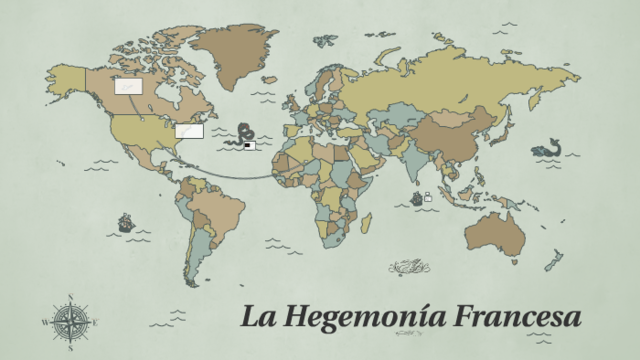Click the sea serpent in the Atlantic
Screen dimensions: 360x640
click(242, 136)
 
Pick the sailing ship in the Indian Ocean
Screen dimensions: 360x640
click(417, 198)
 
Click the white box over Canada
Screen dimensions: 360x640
click(127, 87)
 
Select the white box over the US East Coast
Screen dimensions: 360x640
click(189, 130)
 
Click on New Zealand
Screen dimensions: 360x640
click(553, 261)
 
